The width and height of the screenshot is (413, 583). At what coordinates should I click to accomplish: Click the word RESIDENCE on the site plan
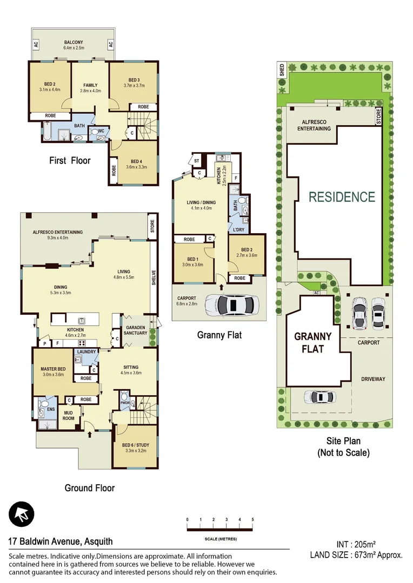tap(342, 197)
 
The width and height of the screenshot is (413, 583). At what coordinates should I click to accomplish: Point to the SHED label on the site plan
tap(282, 70)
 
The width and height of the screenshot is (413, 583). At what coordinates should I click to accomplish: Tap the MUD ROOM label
tap(68, 415)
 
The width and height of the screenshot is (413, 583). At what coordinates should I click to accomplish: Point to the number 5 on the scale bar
tap(252, 519)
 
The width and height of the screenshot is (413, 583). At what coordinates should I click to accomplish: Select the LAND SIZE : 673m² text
tap(356, 554)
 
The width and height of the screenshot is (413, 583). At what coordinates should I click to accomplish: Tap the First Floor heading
tap(70, 160)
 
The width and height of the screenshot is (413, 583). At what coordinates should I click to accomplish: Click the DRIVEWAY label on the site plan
tap(373, 379)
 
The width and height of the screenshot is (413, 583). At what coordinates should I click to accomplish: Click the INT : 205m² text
tap(356, 545)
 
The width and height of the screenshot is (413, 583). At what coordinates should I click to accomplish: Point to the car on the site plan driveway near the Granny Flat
tap(319, 397)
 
